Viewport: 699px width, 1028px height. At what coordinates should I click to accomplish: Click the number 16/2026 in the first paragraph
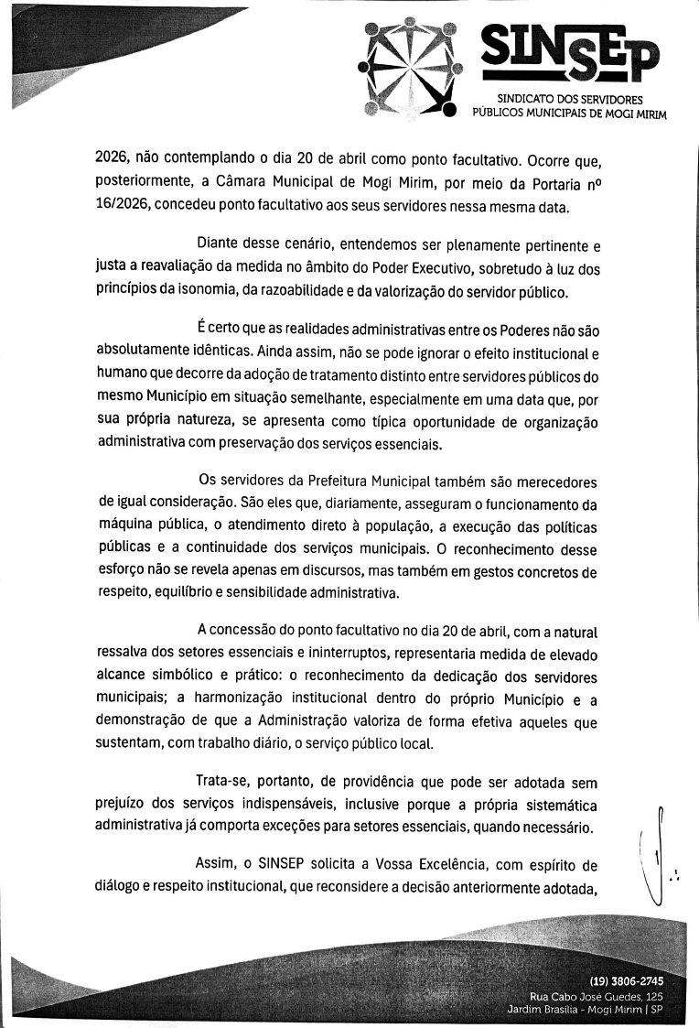click(x=121, y=206)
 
